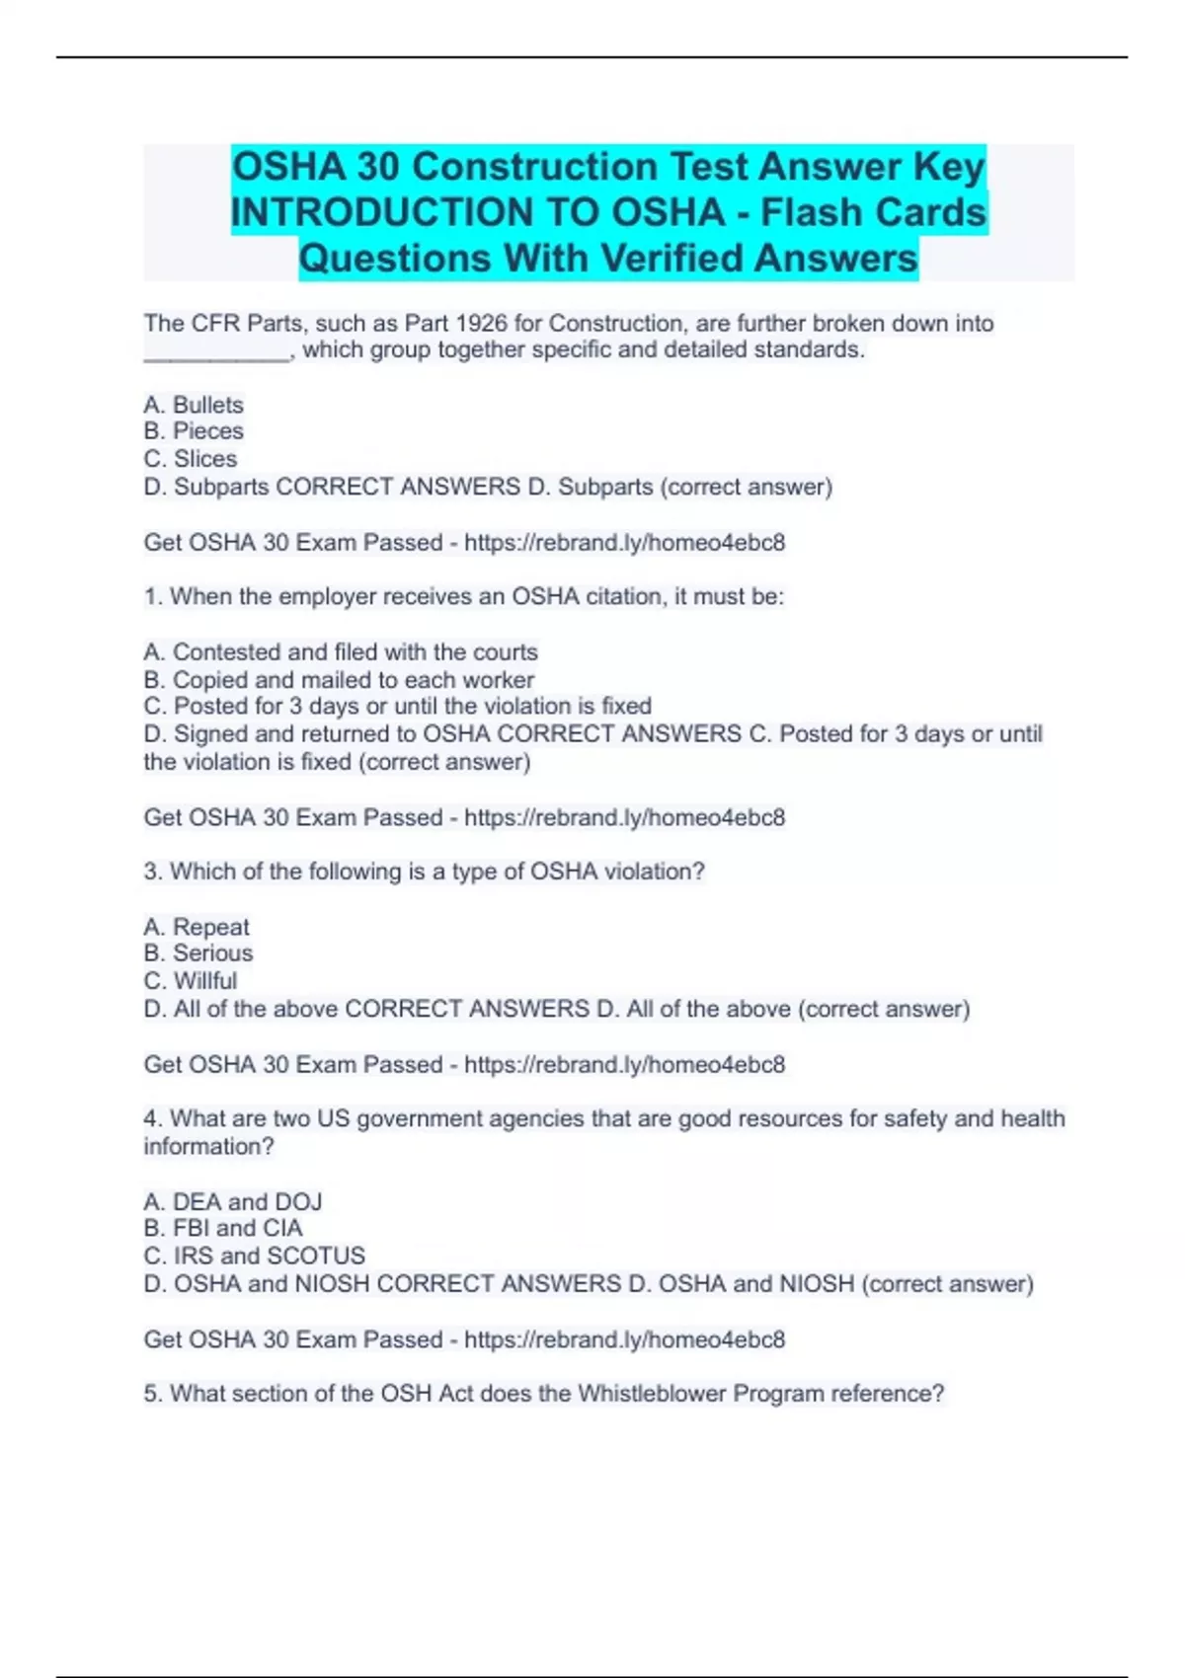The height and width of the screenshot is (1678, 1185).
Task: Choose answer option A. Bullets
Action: pos(194,405)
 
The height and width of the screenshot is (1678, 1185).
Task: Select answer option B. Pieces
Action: pos(194,431)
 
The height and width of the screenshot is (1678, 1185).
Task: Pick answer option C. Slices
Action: pos(191,459)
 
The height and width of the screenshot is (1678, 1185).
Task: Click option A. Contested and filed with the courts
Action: pos(341,652)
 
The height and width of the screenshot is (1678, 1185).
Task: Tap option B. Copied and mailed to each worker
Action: pos(339,680)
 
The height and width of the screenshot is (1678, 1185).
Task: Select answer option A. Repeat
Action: pos(197,927)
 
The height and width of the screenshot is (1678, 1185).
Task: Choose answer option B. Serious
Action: pos(198,953)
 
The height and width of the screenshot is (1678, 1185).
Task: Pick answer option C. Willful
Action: pos(191,981)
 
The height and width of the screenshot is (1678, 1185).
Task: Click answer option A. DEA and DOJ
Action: pos(233,1202)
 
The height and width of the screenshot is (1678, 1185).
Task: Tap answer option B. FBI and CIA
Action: pos(223,1229)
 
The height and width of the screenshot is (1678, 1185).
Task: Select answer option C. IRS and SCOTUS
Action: pos(255,1257)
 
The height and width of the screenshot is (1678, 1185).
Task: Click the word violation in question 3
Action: pos(654,872)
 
